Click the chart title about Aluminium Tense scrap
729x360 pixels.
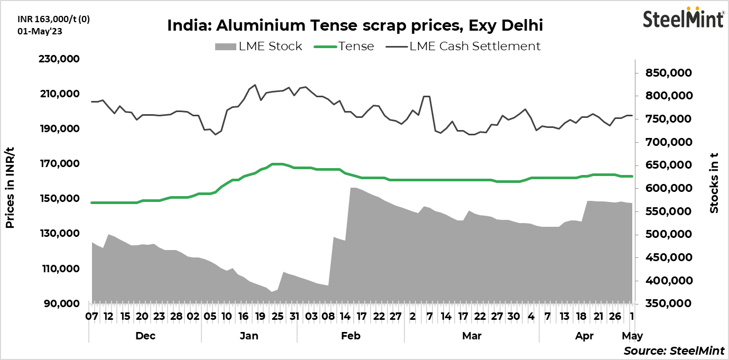pyautogui.click(x=355, y=25)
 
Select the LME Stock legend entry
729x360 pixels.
pyautogui.click(x=259, y=46)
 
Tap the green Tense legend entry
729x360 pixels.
pyautogui.click(x=344, y=46)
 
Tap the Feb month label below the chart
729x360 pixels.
pyautogui.click(x=350, y=336)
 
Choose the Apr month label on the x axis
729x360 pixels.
pyautogui.click(x=585, y=336)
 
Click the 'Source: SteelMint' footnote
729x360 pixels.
pyautogui.click(x=674, y=351)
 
